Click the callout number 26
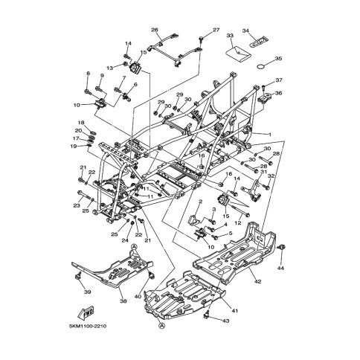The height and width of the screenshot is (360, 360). [155, 30]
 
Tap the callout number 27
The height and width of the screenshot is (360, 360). [216, 30]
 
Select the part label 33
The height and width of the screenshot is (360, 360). [230, 36]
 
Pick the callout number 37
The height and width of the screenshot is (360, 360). [280, 80]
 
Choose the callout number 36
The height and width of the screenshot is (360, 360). [279, 93]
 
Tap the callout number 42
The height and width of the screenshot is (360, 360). [258, 282]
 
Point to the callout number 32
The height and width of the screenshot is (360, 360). [271, 176]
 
